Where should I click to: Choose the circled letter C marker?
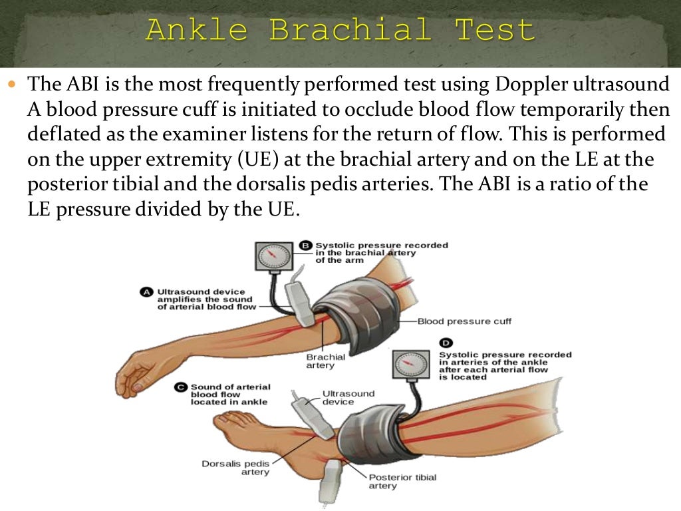(x=181, y=387)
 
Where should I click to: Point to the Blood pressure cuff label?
(x=464, y=321)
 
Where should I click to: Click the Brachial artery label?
(x=325, y=361)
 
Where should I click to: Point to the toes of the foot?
(x=229, y=419)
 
